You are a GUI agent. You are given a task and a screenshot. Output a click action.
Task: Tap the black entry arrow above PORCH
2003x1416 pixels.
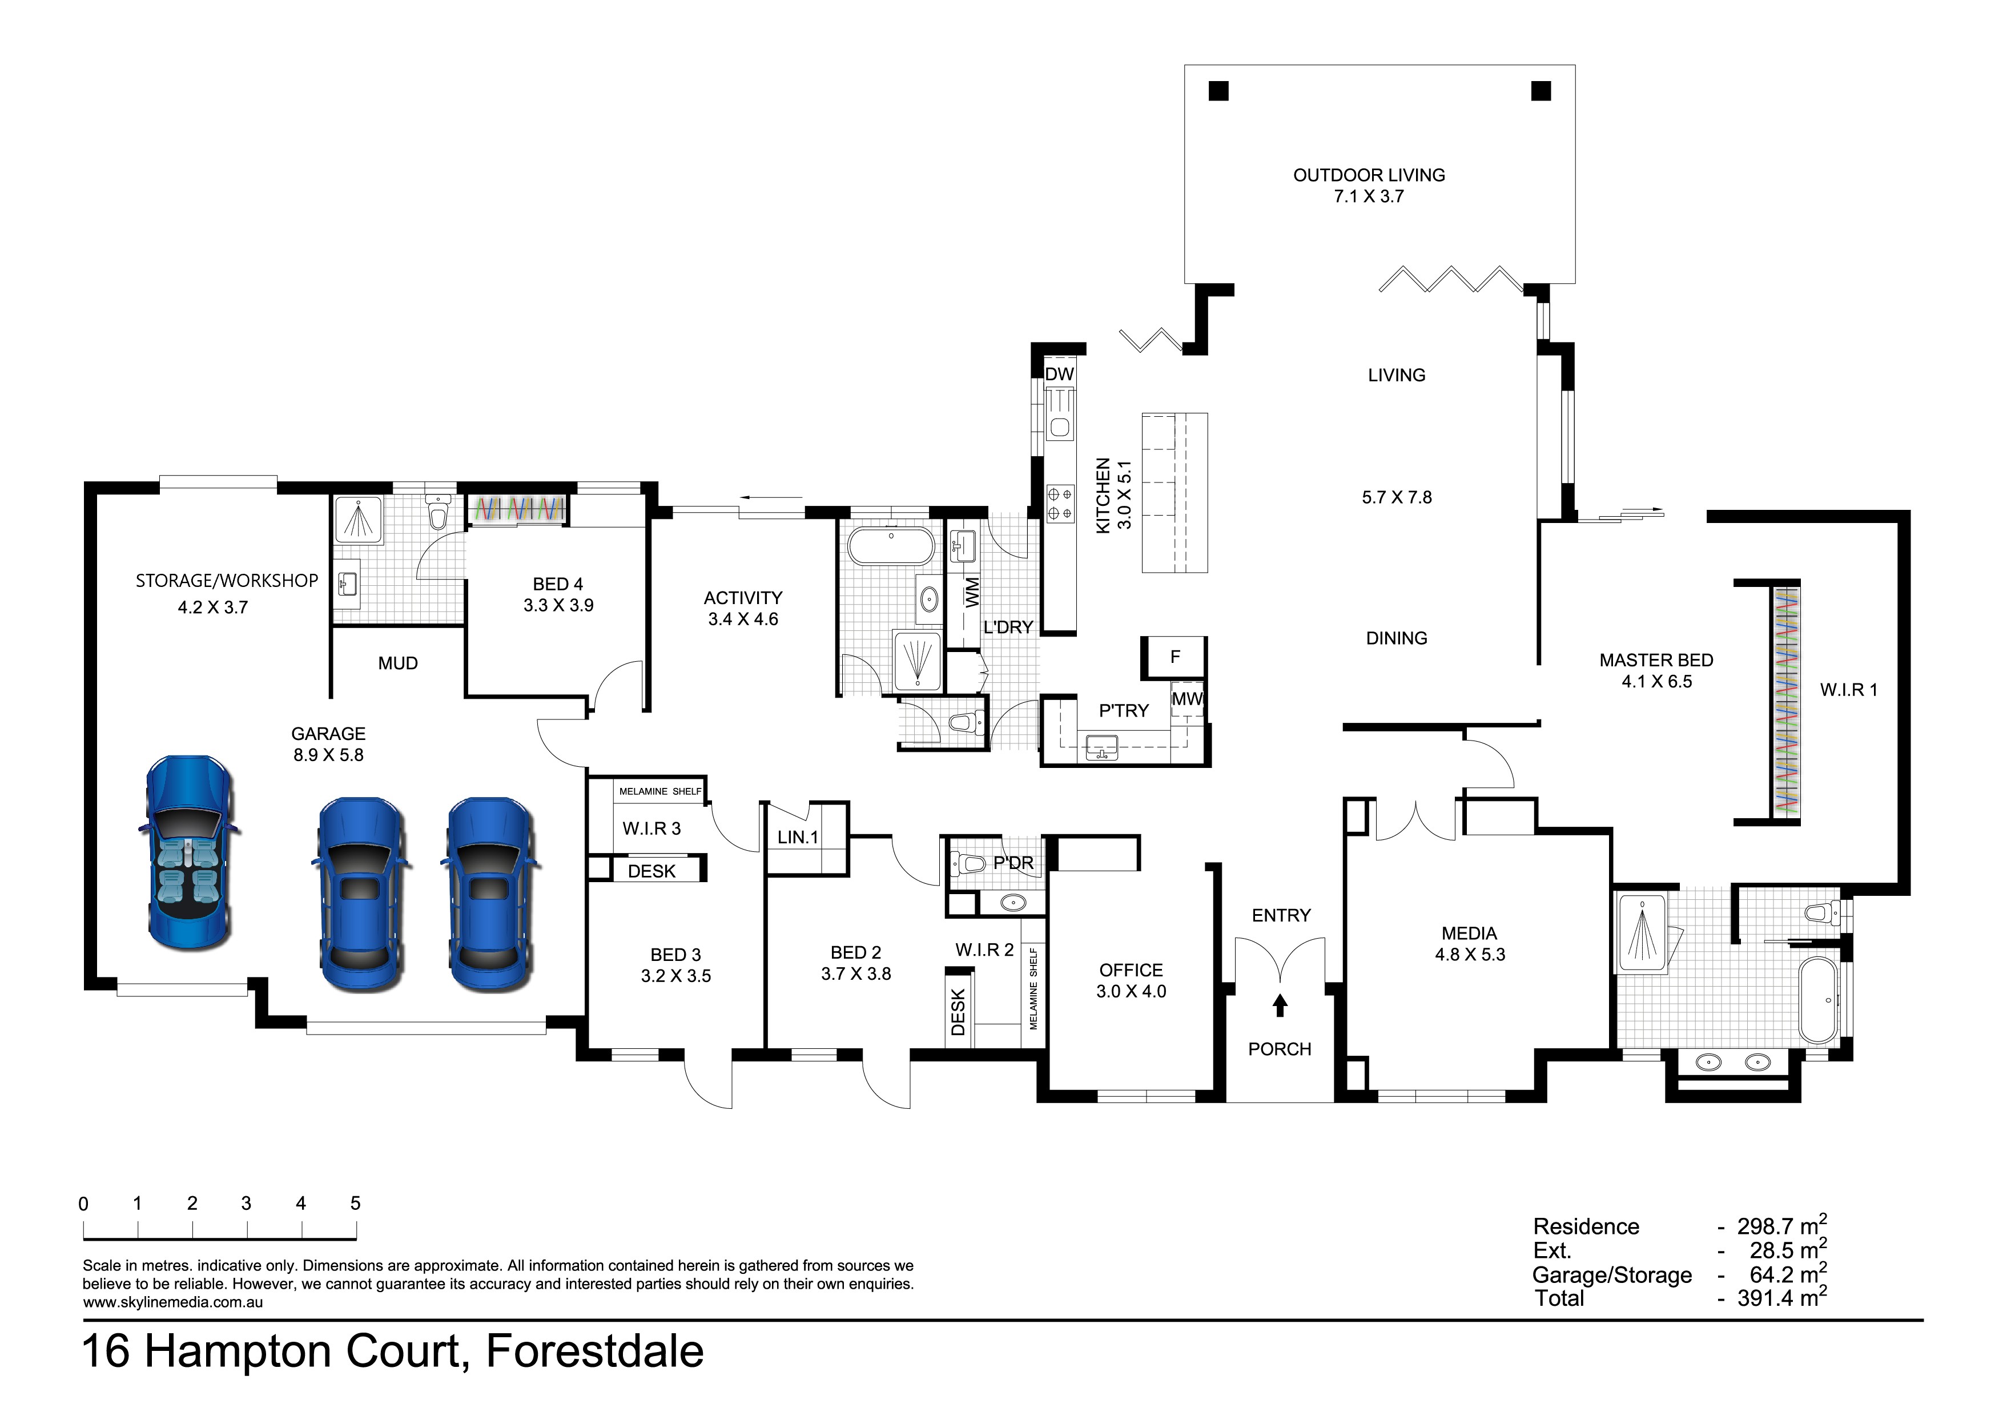tap(1280, 1006)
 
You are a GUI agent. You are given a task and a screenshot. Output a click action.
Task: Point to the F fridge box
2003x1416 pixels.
tap(1175, 657)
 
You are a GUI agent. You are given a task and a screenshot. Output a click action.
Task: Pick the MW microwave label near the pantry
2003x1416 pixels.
tap(1186, 699)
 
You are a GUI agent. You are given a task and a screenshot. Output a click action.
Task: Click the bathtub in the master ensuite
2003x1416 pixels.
tap(1818, 1001)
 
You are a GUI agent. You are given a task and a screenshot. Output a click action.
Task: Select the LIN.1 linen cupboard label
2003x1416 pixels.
tap(797, 838)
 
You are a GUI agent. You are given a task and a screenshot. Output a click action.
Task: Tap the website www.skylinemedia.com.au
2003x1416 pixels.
tap(173, 1302)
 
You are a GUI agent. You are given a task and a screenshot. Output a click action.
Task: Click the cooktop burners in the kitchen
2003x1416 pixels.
tap(1060, 504)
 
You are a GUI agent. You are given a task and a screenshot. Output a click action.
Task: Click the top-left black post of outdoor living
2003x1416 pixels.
tap(1218, 91)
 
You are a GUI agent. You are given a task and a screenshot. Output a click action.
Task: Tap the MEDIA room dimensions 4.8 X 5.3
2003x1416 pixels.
tap(1470, 955)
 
